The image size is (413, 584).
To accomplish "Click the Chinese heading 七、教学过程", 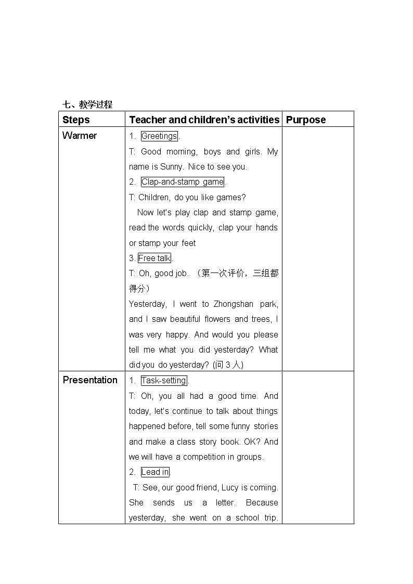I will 87,105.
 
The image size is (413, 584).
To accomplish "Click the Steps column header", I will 76,120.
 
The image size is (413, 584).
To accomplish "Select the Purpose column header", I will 306,120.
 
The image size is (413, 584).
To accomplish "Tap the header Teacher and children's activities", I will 204,120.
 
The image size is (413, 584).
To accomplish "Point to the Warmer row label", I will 80,136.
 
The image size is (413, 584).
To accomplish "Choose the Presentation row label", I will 90,380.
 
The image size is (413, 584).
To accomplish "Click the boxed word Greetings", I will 159,136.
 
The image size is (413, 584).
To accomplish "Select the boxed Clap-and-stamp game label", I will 183,182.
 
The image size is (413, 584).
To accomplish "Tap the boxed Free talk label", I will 154,258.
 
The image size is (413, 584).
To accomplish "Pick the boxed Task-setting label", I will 163,381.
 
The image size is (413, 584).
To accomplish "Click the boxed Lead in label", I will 155,472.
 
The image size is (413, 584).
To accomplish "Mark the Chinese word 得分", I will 137,289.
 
